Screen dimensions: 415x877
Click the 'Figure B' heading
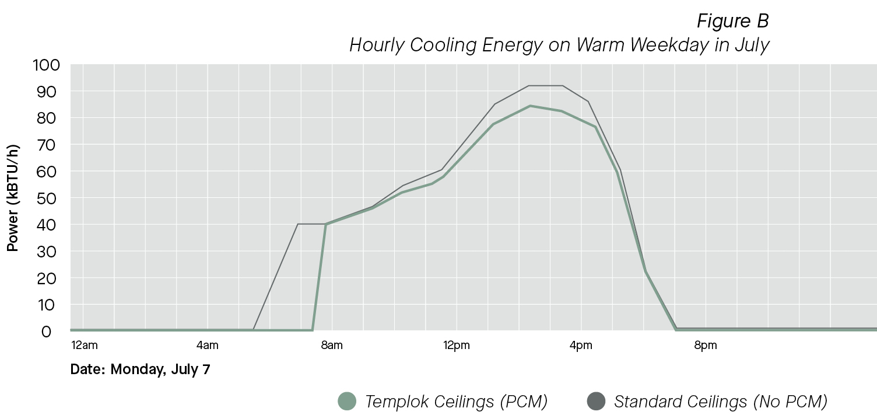(732, 21)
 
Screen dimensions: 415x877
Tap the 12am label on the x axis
(84, 346)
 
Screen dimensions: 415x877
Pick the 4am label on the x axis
(208, 346)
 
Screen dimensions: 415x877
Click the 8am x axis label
(332, 346)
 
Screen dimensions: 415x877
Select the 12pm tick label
(456, 346)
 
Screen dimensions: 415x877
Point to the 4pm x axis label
(581, 346)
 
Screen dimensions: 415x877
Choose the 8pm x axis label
(705, 346)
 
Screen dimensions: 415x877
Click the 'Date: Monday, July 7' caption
(140, 369)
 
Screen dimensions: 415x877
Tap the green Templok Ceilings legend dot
(347, 402)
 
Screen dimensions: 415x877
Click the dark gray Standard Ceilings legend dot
(595, 402)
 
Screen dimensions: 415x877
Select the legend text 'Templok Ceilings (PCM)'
(456, 402)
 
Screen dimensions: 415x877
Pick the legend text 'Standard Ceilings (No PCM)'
(721, 402)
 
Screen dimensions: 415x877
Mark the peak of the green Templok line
(530, 106)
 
